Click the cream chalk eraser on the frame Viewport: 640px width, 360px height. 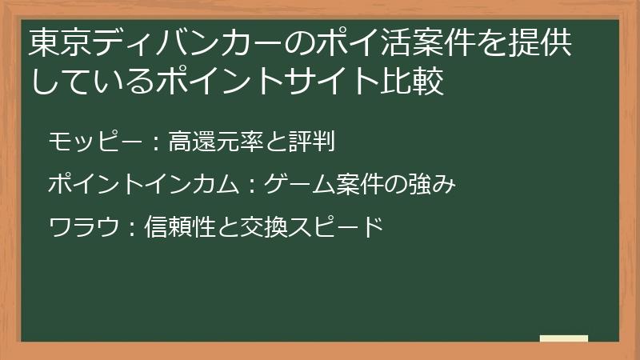coord(564,338)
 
